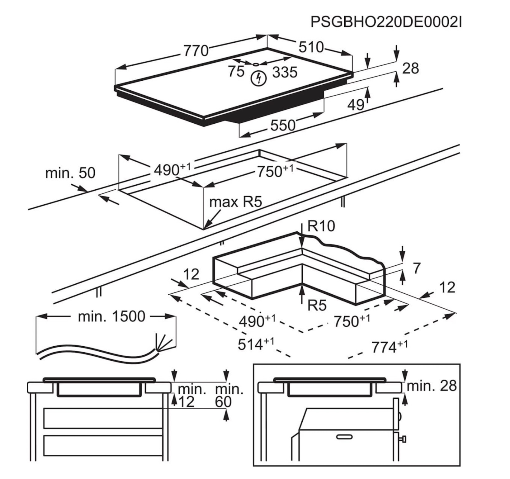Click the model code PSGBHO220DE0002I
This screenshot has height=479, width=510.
[386, 22]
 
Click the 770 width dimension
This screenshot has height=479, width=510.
[196, 51]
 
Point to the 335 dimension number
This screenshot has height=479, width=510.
[285, 72]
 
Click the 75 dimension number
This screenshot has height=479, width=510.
[236, 71]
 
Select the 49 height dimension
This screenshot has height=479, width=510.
[356, 105]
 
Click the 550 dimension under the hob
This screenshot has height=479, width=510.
[283, 126]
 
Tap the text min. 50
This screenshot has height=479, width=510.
[70, 173]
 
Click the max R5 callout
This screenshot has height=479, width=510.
[236, 202]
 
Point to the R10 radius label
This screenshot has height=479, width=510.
[321, 226]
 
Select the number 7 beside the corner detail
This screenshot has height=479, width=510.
[417, 268]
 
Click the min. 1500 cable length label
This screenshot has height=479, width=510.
[111, 316]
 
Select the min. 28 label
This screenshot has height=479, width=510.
[432, 386]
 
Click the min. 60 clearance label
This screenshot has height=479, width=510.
[229, 396]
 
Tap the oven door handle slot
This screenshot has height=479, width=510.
[344, 437]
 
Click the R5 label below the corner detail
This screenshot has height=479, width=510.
[317, 306]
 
